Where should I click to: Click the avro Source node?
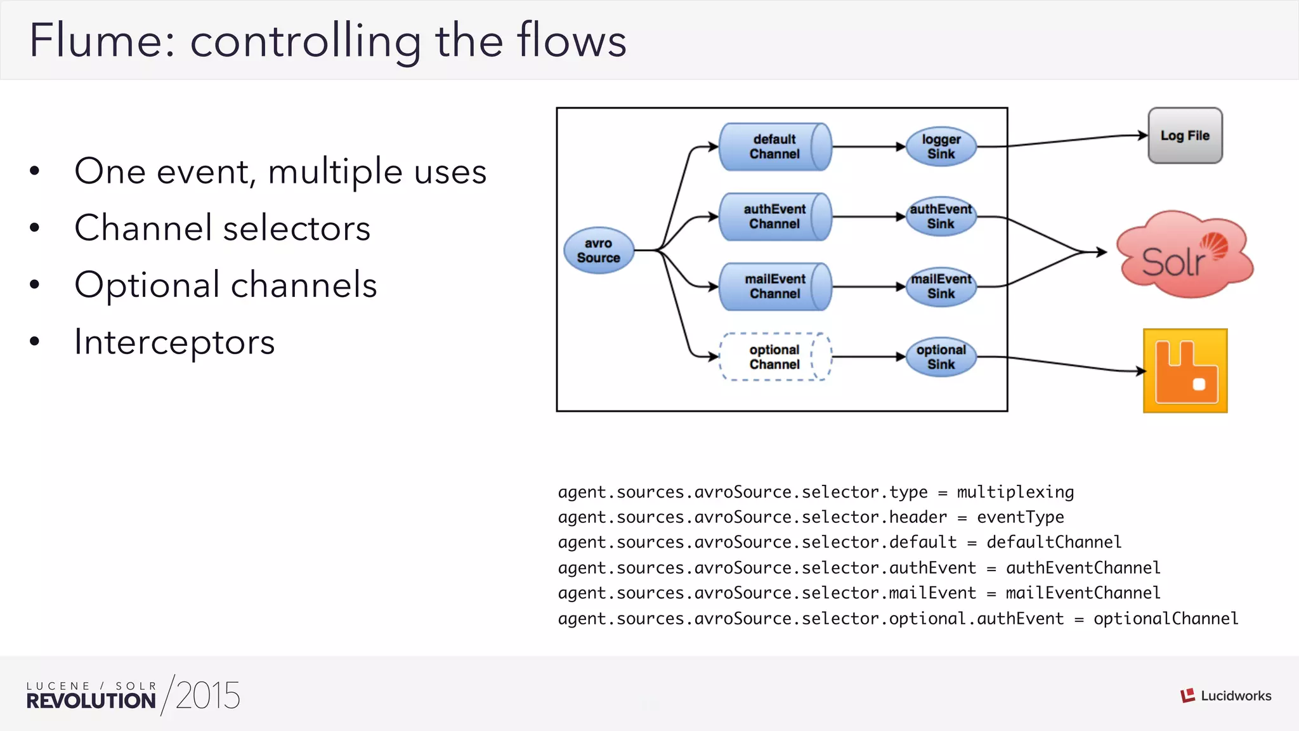[x=599, y=251]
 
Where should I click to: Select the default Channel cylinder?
[x=774, y=147]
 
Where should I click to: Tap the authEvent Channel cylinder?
[x=774, y=216]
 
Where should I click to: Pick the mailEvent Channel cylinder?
[x=774, y=286]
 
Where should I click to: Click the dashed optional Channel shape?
[x=774, y=357]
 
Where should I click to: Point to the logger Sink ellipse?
[x=941, y=147]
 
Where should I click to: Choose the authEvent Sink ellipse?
[x=941, y=216]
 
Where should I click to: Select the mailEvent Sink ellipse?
[x=941, y=286]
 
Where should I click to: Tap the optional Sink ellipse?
[x=941, y=357]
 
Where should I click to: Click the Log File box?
[x=1185, y=135]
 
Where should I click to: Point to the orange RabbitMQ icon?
[x=1185, y=371]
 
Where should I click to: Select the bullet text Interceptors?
[x=174, y=342]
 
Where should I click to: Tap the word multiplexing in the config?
[x=1015, y=492]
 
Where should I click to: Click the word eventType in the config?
[x=1020, y=517]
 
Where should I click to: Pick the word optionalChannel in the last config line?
[x=1165, y=619]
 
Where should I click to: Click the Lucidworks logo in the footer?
[x=1225, y=695]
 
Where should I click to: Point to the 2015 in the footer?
[x=208, y=695]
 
